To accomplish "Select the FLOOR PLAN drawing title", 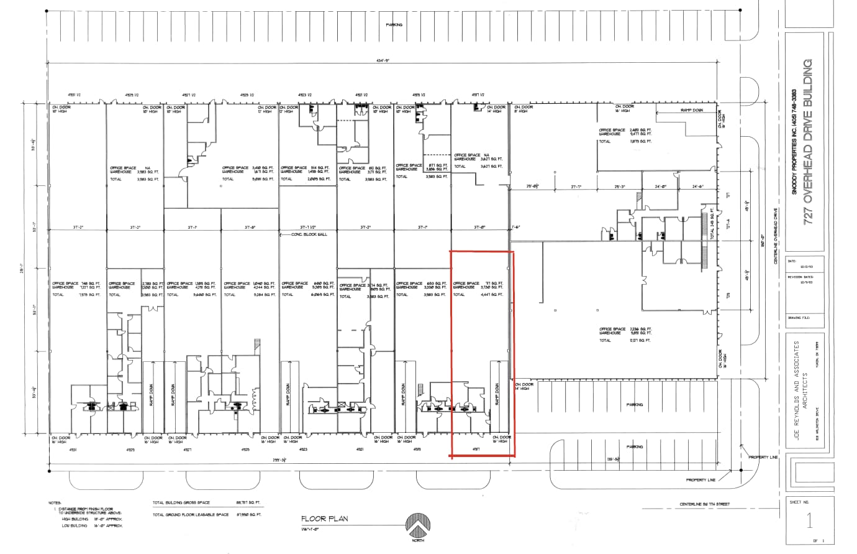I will tap(325, 518).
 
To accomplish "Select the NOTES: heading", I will tap(55, 502).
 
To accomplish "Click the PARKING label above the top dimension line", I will tap(394, 25).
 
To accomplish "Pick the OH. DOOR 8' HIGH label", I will tap(524, 109).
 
